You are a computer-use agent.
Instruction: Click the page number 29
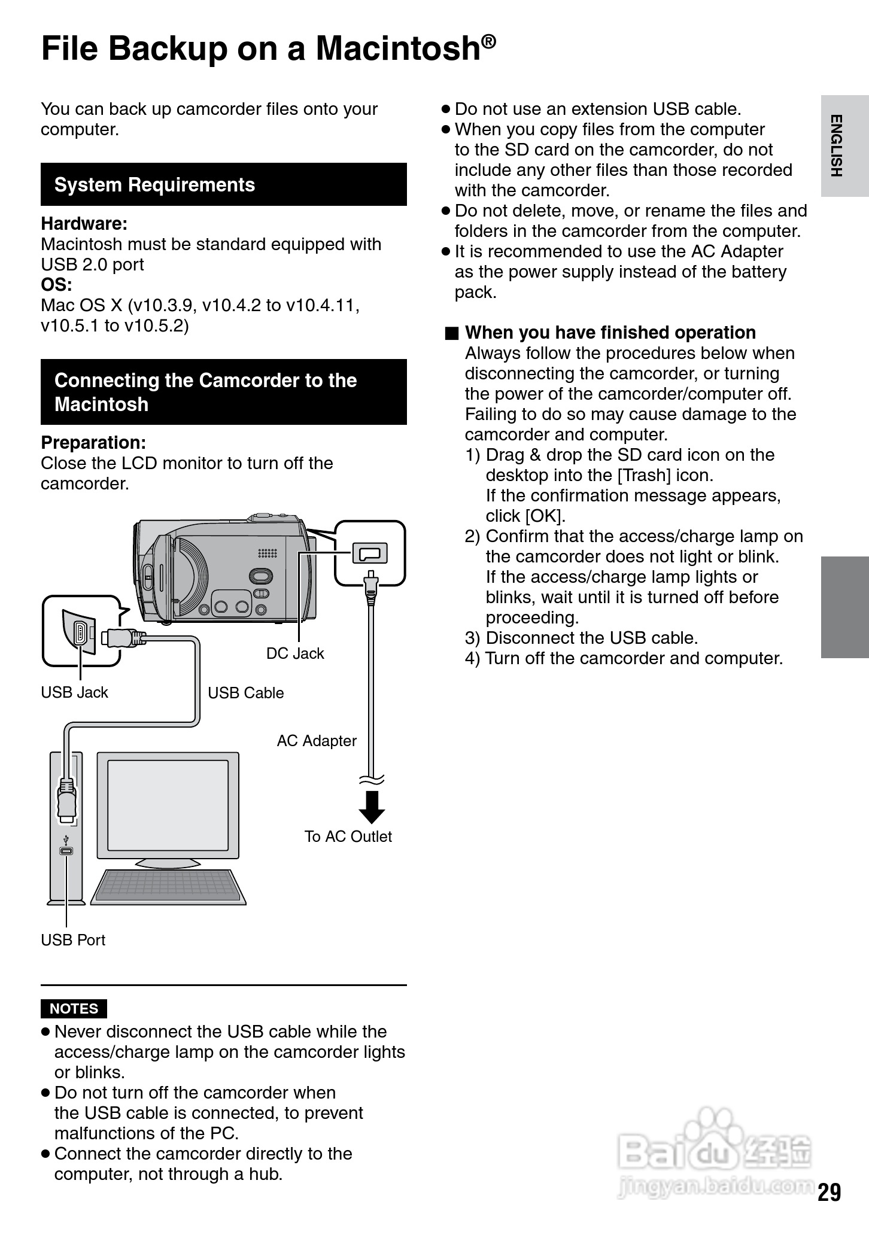coord(829,1192)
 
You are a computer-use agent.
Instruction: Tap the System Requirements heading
coord(154,185)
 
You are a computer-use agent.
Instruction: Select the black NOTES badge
coord(74,1008)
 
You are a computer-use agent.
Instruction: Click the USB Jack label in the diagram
coord(74,692)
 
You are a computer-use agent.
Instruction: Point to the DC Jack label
coord(295,653)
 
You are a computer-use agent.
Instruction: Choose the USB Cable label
coord(245,693)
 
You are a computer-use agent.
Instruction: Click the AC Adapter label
coord(317,741)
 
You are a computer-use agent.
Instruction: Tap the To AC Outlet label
coord(348,836)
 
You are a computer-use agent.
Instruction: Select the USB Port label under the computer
coord(73,940)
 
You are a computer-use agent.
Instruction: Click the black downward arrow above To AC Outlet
coord(372,806)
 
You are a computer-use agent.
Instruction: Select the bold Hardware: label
coord(84,224)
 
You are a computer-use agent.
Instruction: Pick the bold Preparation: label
coord(93,443)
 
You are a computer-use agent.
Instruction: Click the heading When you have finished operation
coord(610,333)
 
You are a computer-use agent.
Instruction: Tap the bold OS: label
coord(56,285)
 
